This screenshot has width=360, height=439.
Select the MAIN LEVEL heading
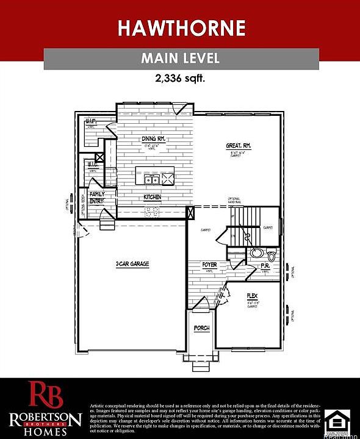(x=180, y=59)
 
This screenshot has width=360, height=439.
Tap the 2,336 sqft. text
(x=180, y=78)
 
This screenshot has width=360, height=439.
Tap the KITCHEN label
(x=152, y=198)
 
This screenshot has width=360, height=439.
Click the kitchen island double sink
(x=152, y=179)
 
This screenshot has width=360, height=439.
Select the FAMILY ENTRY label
(x=97, y=198)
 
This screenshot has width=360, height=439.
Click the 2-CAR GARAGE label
(x=132, y=264)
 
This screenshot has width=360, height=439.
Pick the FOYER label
(x=210, y=265)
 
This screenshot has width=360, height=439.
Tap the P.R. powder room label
(x=265, y=266)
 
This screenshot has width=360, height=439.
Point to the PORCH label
(x=201, y=328)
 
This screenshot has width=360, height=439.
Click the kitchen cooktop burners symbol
(x=152, y=211)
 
